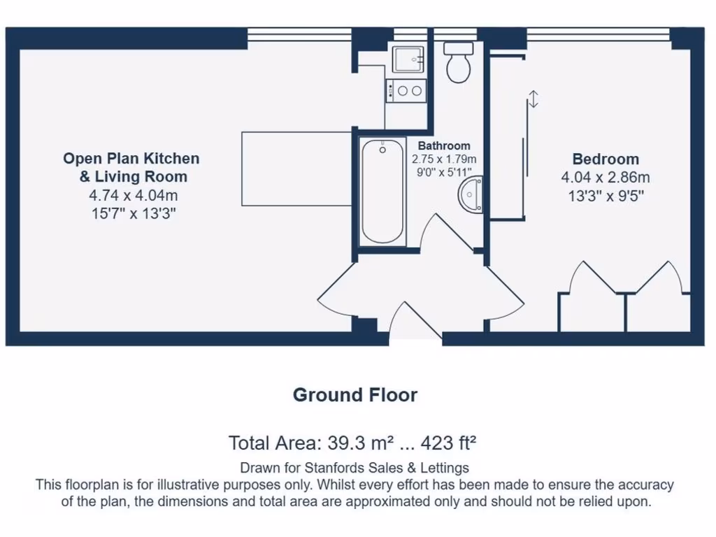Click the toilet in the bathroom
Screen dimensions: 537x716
pos(459,62)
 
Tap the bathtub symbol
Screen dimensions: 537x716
pos(382,190)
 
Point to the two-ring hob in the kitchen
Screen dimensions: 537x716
pos(406,90)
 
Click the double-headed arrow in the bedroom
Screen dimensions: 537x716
pos(534,99)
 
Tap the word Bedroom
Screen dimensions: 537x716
pos(606,159)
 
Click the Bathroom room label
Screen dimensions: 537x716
pos(444,145)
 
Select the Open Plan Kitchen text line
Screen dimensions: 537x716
pos(131,159)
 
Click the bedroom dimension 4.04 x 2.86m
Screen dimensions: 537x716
pos(606,178)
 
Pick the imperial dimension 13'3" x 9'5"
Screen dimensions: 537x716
pos(606,196)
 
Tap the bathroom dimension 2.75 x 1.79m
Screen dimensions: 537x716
pos(444,159)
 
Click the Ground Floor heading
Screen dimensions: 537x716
pos(355,395)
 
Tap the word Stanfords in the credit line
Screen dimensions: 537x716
pos(327,468)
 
